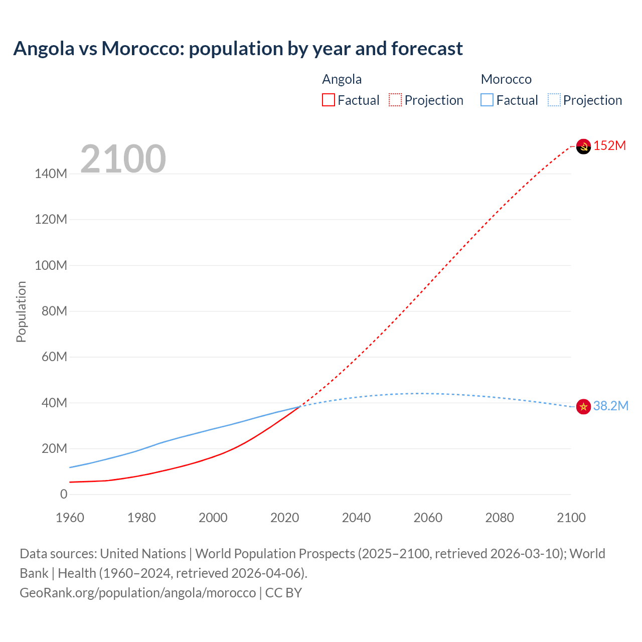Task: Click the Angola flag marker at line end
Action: point(583,146)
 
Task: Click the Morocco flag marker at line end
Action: point(583,406)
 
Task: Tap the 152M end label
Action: point(609,146)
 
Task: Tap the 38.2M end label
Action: point(610,406)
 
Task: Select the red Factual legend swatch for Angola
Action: point(329,100)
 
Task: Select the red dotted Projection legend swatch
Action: point(395,100)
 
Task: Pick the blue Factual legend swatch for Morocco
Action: point(487,100)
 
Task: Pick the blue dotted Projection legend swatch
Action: point(554,100)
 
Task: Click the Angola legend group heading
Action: point(342,79)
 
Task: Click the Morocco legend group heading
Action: point(506,79)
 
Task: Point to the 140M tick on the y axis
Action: point(51,174)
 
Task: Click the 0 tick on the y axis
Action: point(64,494)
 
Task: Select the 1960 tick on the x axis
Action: point(70,518)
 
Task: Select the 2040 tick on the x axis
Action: point(356,518)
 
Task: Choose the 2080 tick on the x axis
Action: point(500,518)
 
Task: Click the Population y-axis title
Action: point(21,311)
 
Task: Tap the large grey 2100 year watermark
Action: point(123,159)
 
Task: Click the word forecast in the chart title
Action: point(427,49)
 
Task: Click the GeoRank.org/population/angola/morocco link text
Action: point(138,593)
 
